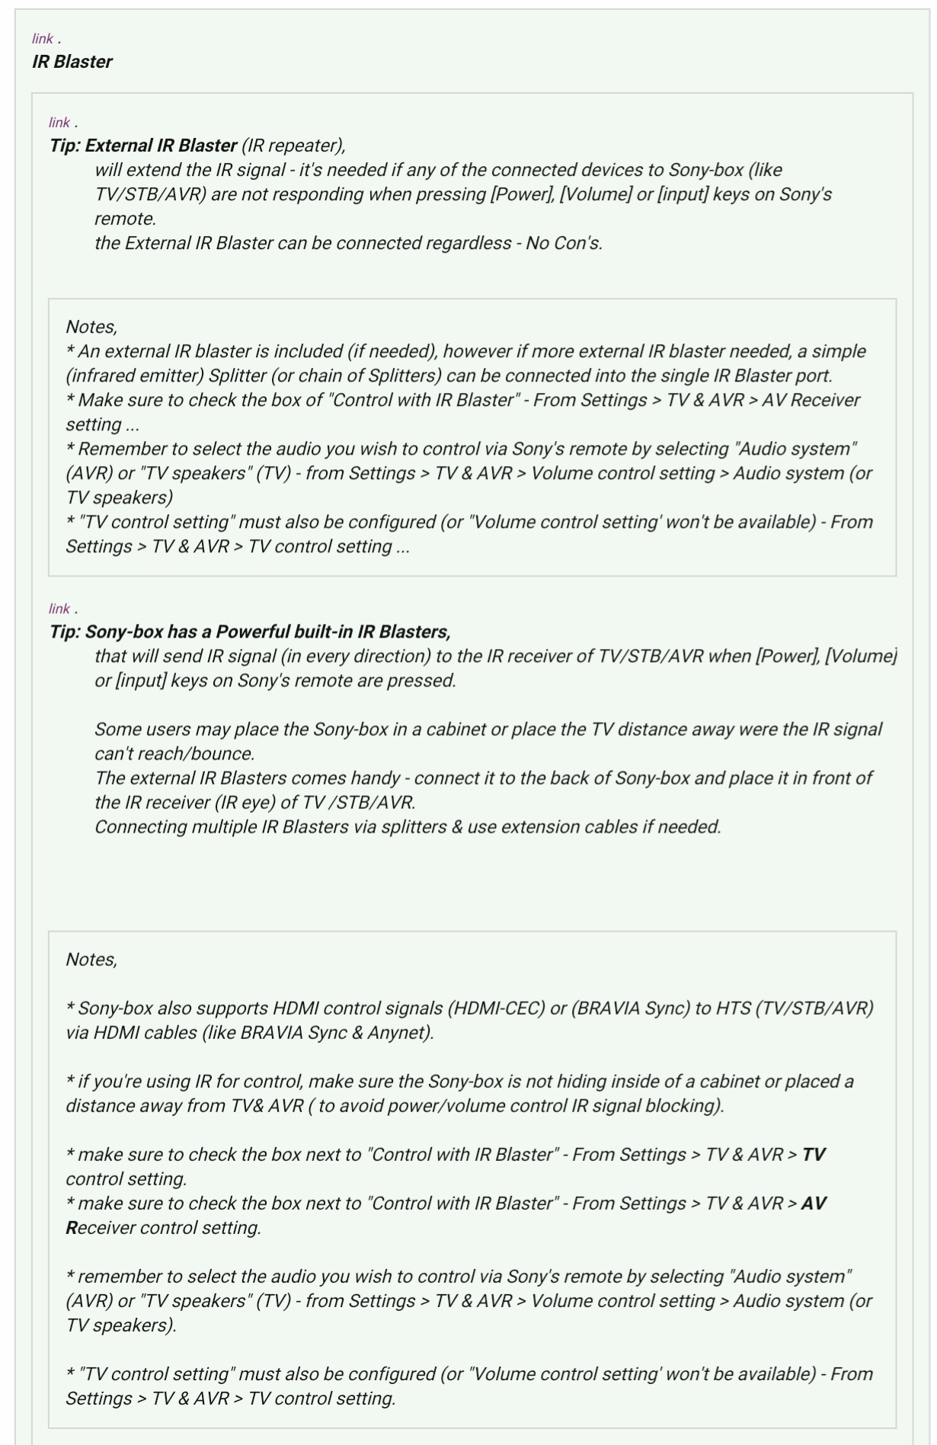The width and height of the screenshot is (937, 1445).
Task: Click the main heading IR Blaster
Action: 72,62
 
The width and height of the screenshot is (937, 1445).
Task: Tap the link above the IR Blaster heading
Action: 42,39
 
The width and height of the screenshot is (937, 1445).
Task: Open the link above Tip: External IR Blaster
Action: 59,123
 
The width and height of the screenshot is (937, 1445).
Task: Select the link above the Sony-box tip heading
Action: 59,609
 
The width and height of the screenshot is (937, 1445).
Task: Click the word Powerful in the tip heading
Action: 254,631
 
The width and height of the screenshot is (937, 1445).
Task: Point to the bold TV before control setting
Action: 814,1155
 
